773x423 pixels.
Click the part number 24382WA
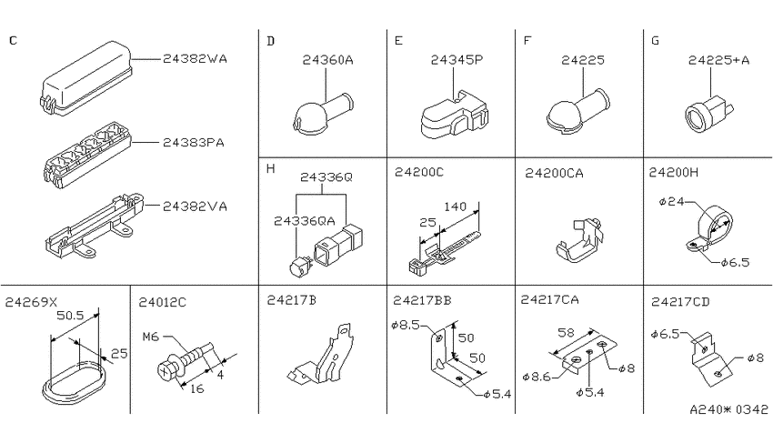(x=195, y=58)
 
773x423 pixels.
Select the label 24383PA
(x=193, y=143)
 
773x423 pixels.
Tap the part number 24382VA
(x=195, y=206)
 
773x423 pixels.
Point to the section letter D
(x=270, y=41)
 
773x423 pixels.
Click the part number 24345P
(x=457, y=60)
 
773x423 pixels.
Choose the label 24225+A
(x=718, y=60)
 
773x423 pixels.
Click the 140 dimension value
(x=455, y=206)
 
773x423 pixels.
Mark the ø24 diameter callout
(x=671, y=201)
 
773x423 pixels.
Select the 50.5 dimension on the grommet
(x=70, y=315)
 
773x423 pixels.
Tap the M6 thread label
(x=151, y=337)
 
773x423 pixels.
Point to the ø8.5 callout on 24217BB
(x=405, y=326)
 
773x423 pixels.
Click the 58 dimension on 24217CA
(x=566, y=332)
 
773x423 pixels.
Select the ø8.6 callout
(x=537, y=378)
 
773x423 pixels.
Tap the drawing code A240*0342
(x=728, y=409)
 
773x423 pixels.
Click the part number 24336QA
(x=304, y=221)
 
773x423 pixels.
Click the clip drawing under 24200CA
(x=579, y=240)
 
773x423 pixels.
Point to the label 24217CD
(x=680, y=302)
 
